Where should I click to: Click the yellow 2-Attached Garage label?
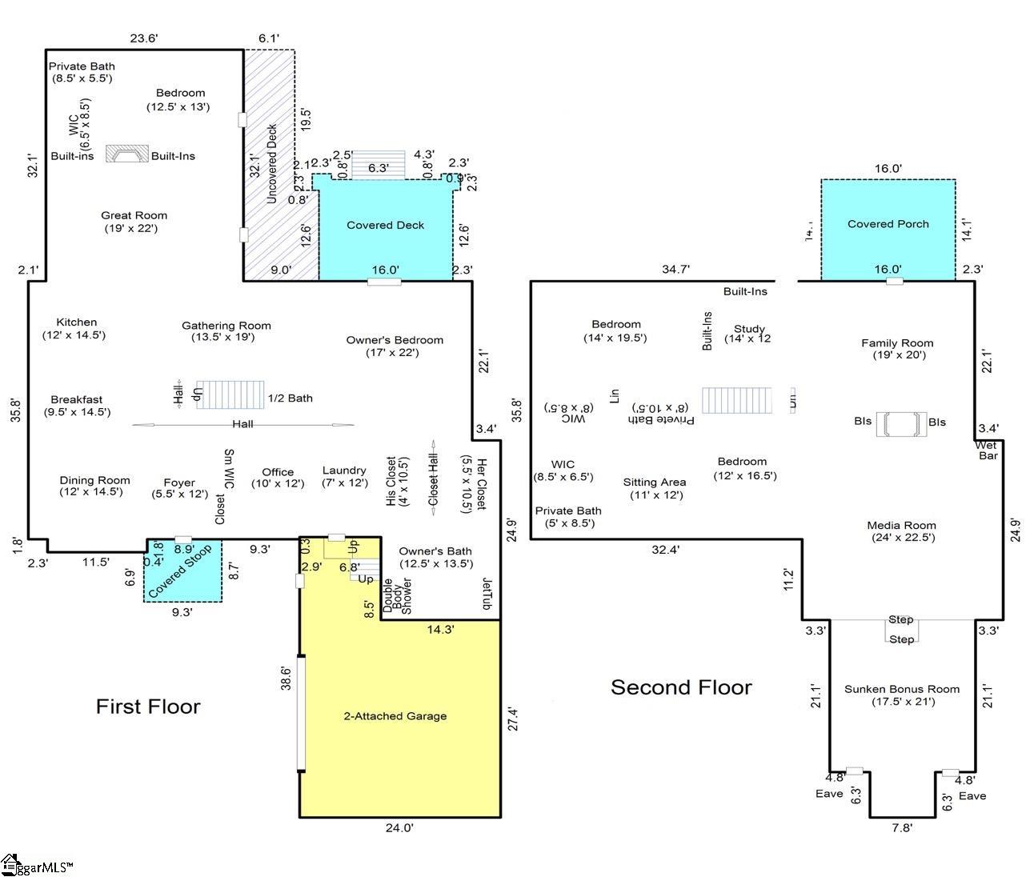[x=391, y=716]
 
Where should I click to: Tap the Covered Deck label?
[x=385, y=226]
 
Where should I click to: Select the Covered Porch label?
[x=888, y=224]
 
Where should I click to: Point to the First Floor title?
[x=148, y=706]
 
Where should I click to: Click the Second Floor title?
[x=681, y=687]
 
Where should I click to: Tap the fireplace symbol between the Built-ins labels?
[x=128, y=154]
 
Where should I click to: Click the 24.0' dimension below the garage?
[x=399, y=828]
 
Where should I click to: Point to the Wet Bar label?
[x=988, y=451]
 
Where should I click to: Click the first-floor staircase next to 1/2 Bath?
[x=230, y=394]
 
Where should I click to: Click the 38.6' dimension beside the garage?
[x=286, y=679]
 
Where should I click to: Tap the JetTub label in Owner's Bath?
[x=486, y=595]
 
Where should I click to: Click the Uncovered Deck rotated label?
[x=271, y=163]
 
